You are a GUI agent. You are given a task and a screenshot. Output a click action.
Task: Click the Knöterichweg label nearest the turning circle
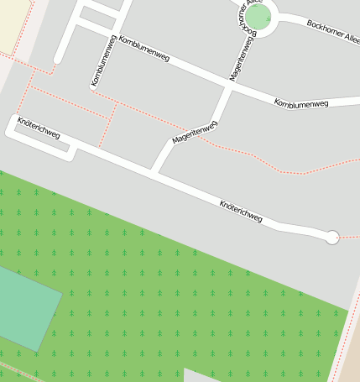241,212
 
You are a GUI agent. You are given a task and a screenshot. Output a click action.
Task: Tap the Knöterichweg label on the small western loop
39,133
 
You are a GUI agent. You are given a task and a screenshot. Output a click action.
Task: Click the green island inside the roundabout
259,18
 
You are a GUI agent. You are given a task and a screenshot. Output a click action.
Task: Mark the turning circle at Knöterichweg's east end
331,238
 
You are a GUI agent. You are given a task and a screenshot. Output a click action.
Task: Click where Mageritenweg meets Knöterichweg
154,172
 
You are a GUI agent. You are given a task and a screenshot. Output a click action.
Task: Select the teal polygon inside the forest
25,307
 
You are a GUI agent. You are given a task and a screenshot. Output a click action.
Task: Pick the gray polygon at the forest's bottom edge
200,375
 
